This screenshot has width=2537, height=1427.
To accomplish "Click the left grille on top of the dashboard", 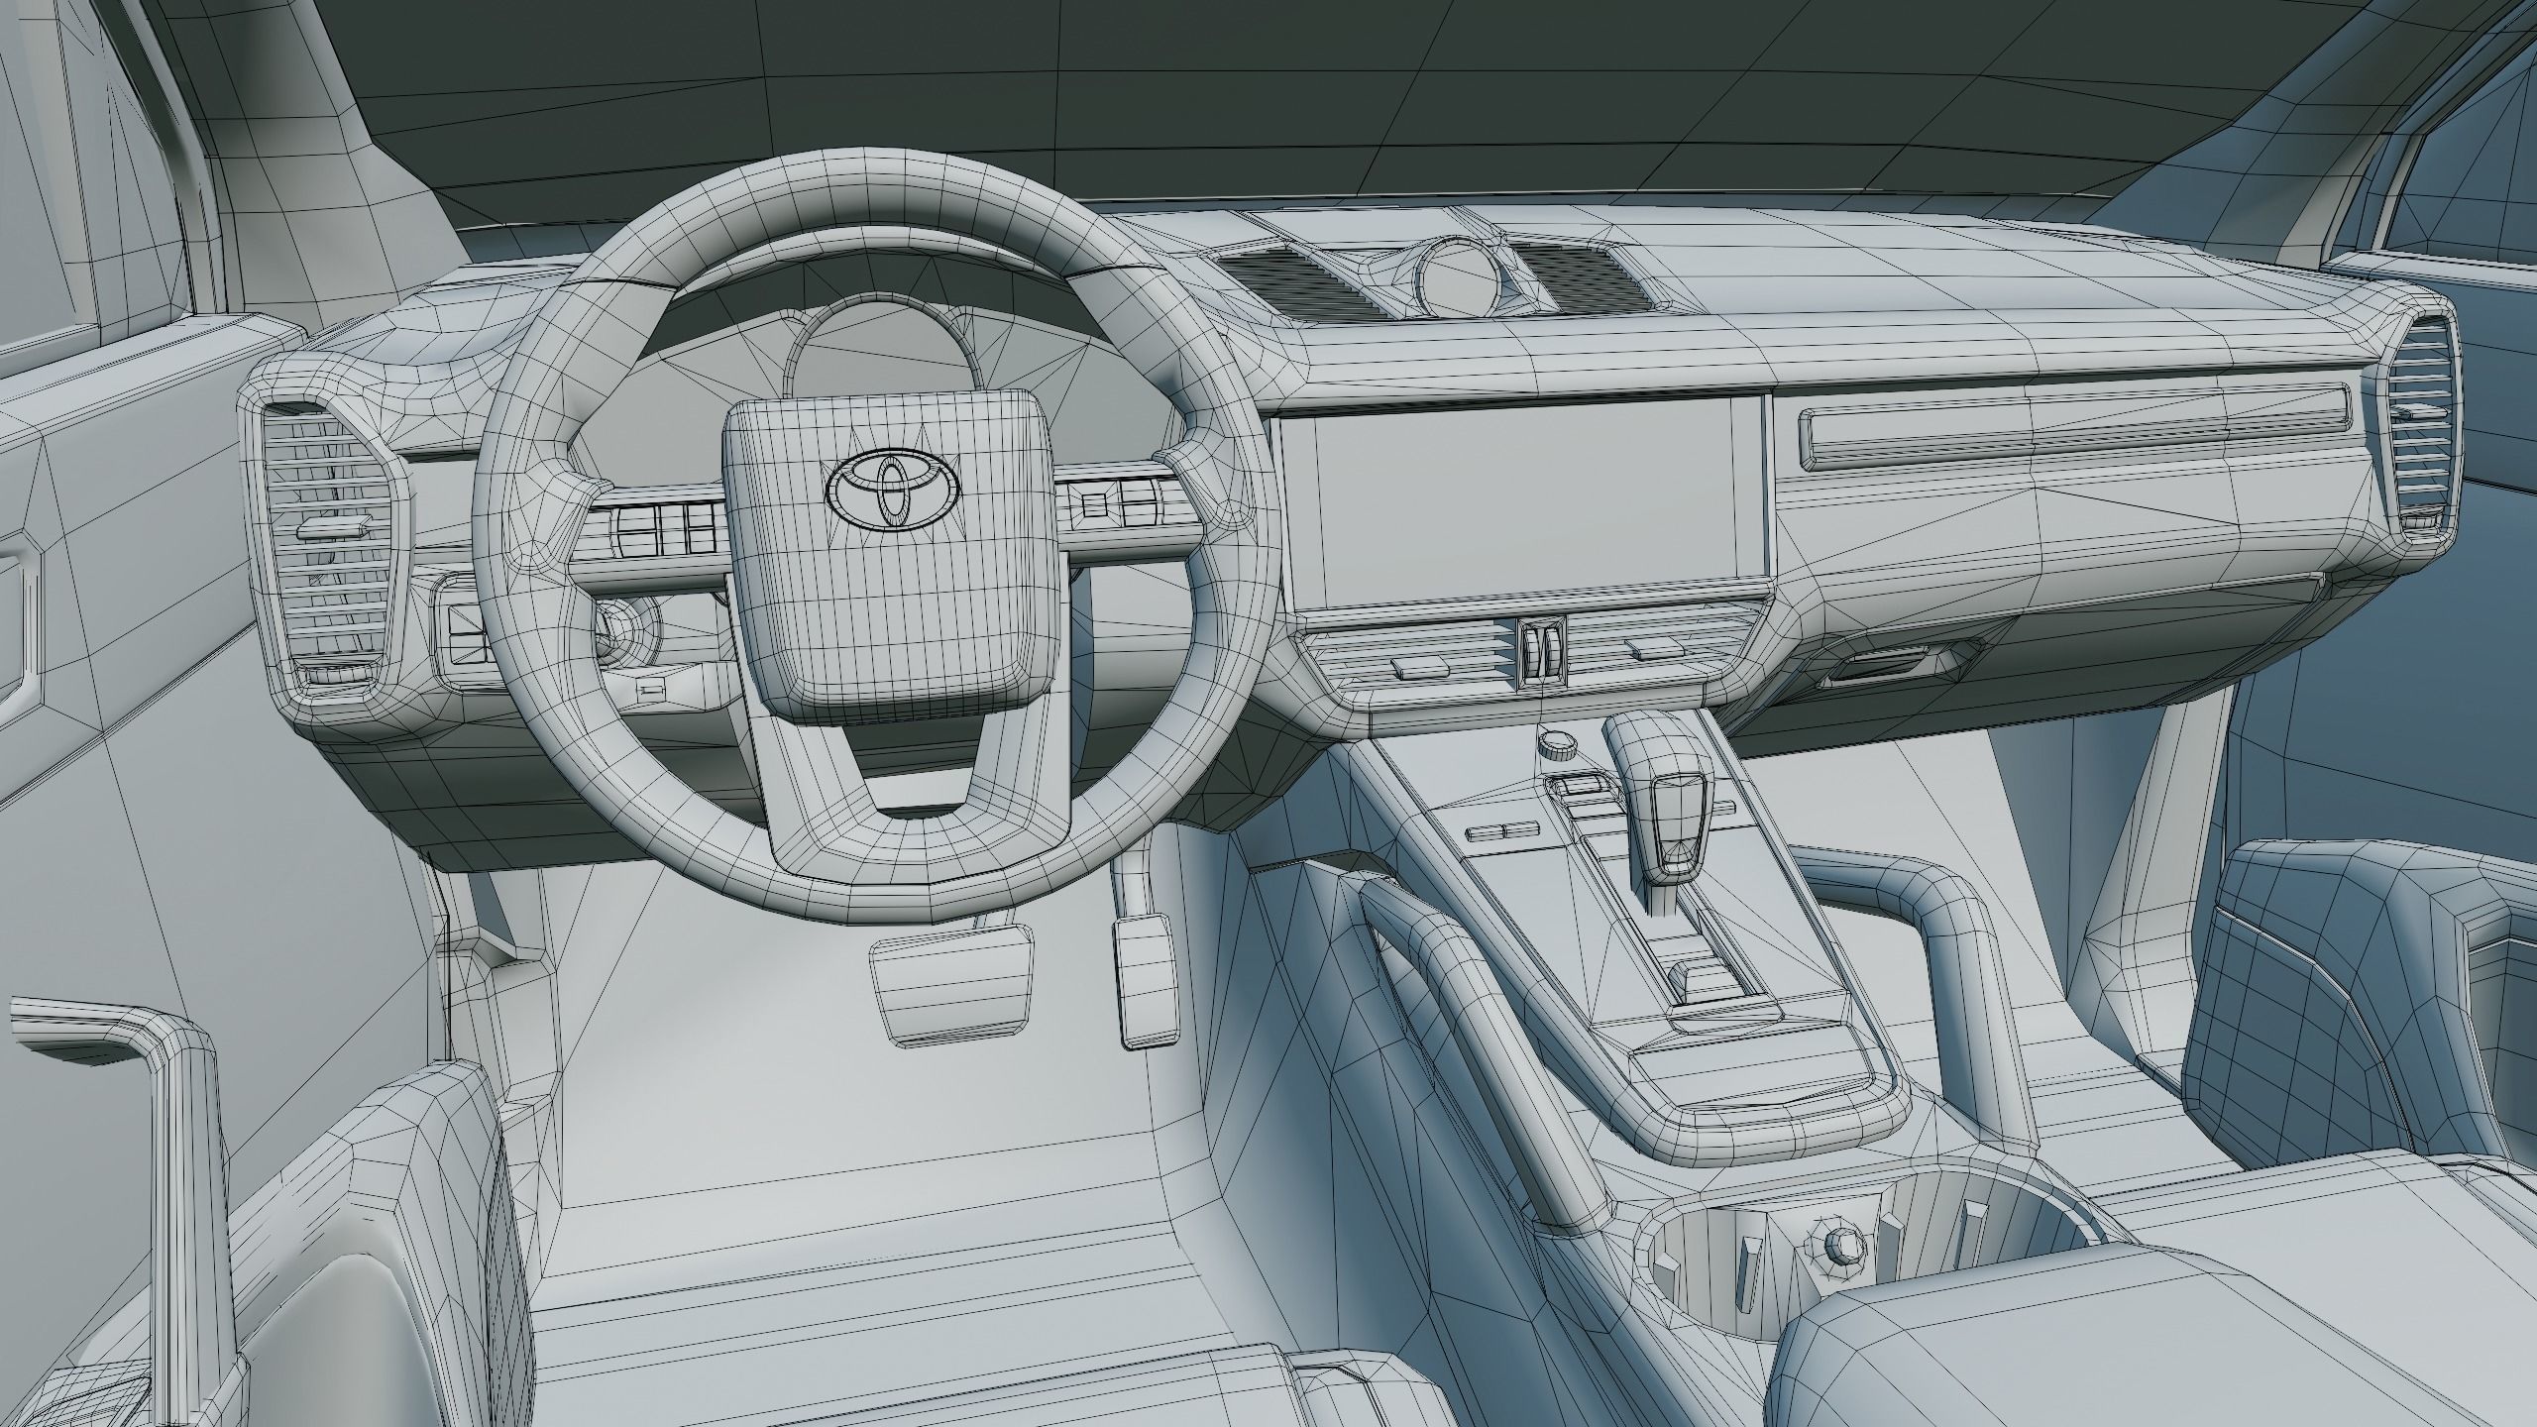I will (x=1298, y=281).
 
